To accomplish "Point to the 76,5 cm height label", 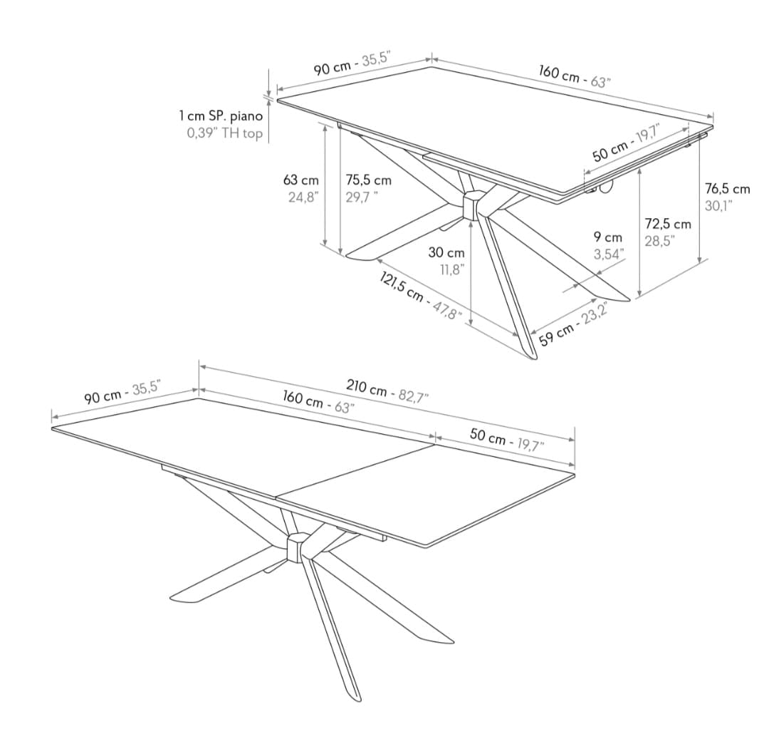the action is point(727,188).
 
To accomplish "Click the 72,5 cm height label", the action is point(667,224).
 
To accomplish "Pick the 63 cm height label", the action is point(300,180).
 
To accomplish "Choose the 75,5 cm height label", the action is point(369,180).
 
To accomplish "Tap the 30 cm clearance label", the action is point(446,252).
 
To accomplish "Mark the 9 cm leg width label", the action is point(608,237).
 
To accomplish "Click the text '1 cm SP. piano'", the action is point(221,116).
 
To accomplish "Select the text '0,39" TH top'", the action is point(224,133).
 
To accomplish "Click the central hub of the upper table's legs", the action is point(473,205).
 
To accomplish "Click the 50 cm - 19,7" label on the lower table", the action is point(507,439).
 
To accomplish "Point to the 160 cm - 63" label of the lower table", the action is point(318,402).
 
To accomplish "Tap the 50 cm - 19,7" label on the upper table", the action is point(627,143).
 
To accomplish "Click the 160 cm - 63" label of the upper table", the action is point(575,76).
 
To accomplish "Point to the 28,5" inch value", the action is point(659,241).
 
